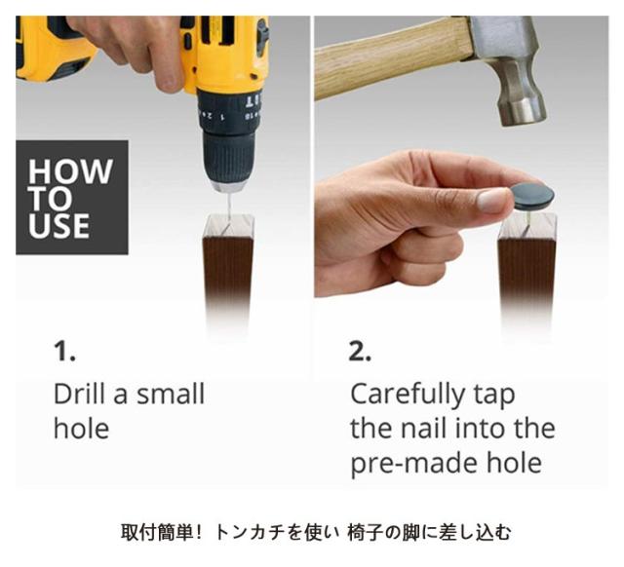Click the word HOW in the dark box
point(70,170)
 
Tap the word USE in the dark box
point(58,225)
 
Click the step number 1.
point(64,351)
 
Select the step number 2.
point(360,351)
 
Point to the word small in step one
point(171,394)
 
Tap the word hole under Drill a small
point(81,429)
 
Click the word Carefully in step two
point(407,396)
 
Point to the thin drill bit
point(227,207)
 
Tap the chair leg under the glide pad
point(527,275)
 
